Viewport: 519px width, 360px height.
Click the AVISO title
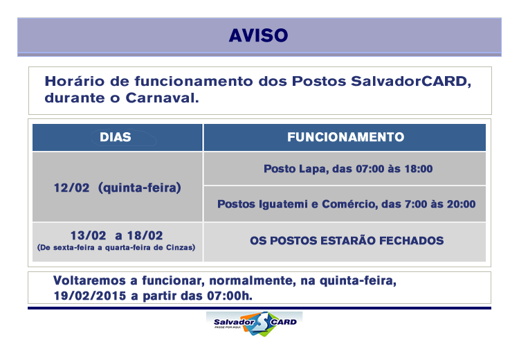coord(259,35)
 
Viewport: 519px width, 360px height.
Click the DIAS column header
coord(116,137)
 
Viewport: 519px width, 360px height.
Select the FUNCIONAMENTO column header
coord(345,137)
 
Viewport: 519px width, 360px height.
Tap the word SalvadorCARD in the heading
coord(411,82)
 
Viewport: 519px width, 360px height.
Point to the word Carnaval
coord(162,98)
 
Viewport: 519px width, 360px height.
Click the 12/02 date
coord(71,188)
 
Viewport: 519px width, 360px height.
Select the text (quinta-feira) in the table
coord(140,188)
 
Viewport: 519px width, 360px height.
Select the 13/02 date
coord(88,235)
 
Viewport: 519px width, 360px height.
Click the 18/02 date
coord(145,235)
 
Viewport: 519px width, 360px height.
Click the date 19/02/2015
coord(90,296)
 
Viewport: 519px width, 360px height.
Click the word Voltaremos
coord(89,281)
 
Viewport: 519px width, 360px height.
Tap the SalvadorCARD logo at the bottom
coord(255,323)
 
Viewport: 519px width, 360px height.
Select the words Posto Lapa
coord(296,169)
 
